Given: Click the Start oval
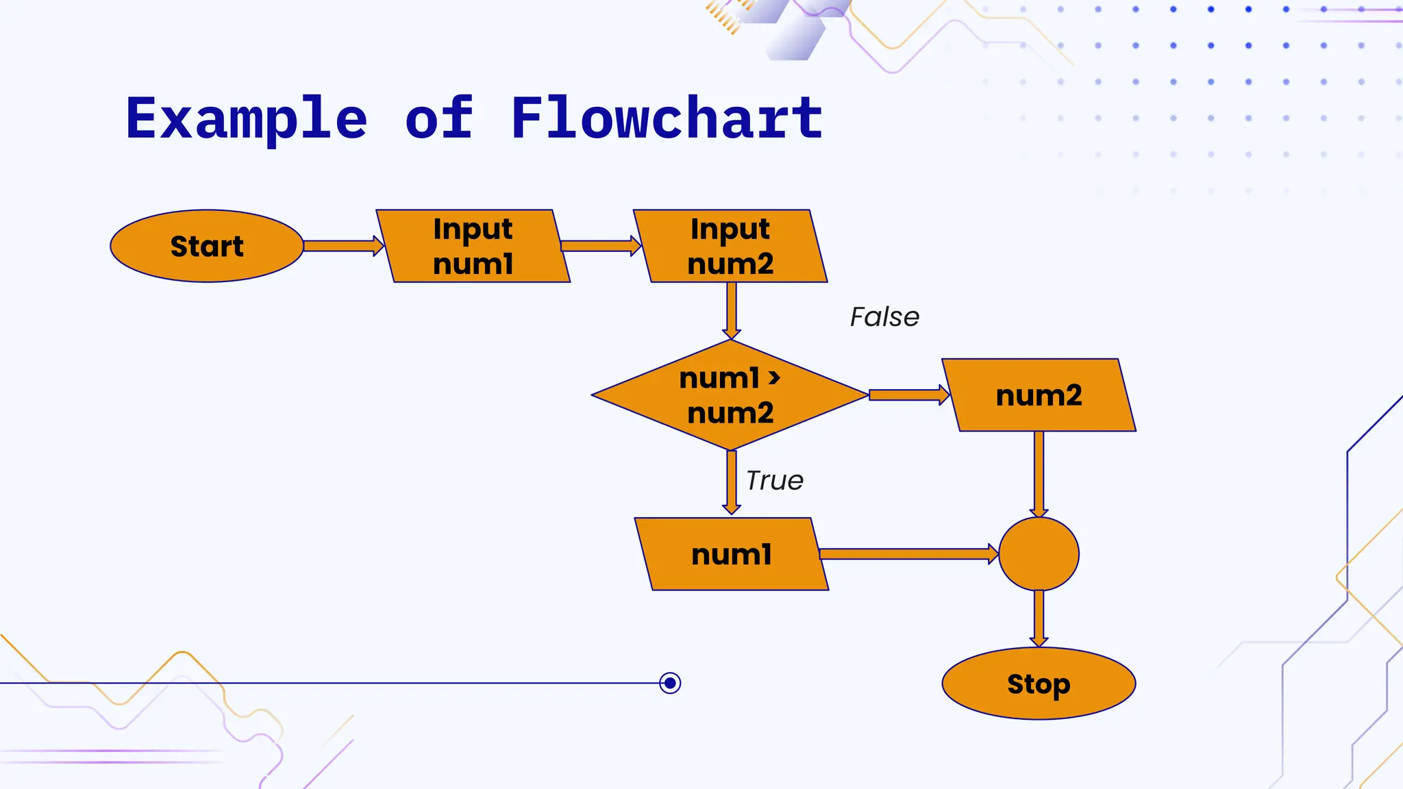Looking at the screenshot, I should click(x=206, y=246).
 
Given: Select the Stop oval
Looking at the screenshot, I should click(x=1039, y=684).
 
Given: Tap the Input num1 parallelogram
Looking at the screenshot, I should click(x=473, y=246).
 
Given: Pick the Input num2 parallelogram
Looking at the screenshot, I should click(x=730, y=246).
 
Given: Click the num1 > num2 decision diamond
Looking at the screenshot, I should click(x=730, y=395).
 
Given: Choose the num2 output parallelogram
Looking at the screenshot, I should click(x=1039, y=395).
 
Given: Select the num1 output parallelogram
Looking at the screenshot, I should click(x=732, y=554).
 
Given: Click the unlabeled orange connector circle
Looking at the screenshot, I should click(x=1039, y=554).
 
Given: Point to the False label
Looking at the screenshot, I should click(x=884, y=317).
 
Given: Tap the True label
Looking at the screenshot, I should click(x=774, y=481).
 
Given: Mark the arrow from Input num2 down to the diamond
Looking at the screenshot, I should click(x=732, y=310).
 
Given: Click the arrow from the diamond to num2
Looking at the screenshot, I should click(x=908, y=395).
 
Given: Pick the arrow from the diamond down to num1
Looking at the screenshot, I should click(x=732, y=482).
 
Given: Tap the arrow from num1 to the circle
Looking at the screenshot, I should click(x=908, y=554).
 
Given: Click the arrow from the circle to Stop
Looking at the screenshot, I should click(x=1039, y=618).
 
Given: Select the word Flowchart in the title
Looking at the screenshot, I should click(x=667, y=118).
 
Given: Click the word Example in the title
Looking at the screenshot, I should click(x=247, y=118).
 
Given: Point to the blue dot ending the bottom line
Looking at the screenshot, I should click(x=670, y=683).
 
